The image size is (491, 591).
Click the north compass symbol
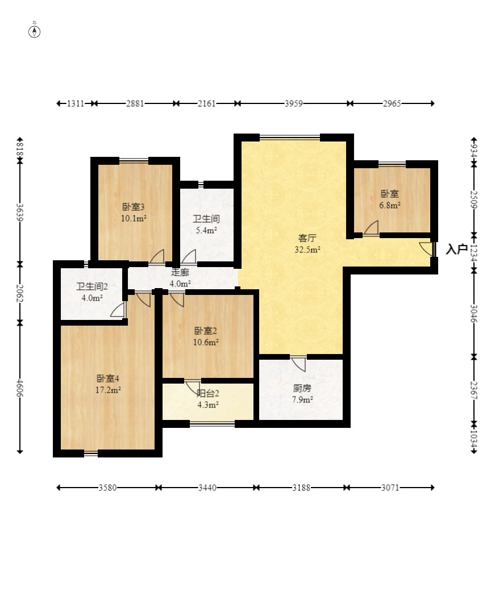(x=34, y=32)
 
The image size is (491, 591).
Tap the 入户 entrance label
(x=457, y=249)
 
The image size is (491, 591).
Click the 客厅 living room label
(x=307, y=238)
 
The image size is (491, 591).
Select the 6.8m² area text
(x=390, y=205)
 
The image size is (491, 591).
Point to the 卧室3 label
(x=134, y=206)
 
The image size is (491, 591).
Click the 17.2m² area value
(x=108, y=390)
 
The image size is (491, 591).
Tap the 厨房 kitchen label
(x=302, y=388)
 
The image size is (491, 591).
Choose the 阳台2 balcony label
(x=208, y=393)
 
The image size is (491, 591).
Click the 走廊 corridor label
(x=180, y=272)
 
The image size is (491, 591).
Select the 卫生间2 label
(x=92, y=286)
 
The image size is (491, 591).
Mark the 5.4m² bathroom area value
(x=206, y=230)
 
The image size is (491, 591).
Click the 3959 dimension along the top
(x=294, y=103)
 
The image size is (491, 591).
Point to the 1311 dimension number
(x=76, y=103)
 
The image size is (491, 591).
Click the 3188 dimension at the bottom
(x=301, y=488)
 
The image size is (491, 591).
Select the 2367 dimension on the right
(x=474, y=390)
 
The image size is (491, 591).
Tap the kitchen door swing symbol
(x=298, y=364)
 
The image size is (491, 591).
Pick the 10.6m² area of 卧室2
(x=206, y=342)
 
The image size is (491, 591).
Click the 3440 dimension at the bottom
(x=207, y=488)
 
